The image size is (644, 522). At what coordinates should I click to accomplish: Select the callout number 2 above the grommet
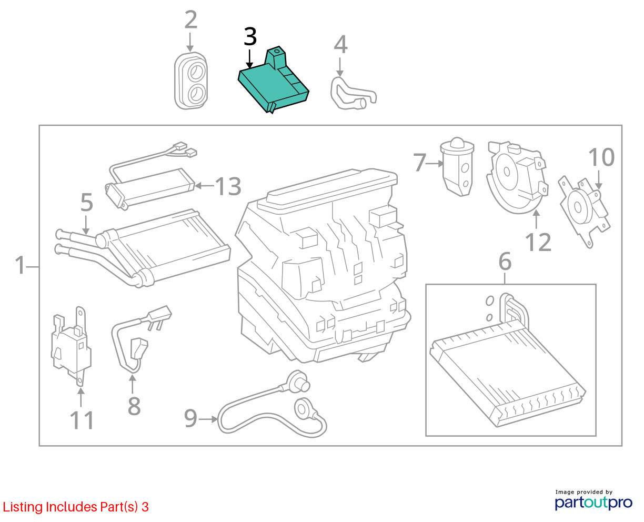[x=191, y=20]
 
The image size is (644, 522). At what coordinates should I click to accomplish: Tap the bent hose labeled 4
[x=352, y=94]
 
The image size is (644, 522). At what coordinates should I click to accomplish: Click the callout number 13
[x=228, y=186]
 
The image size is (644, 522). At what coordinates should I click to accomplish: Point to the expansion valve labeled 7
[x=457, y=167]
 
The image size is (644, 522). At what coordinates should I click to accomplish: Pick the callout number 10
[x=601, y=157]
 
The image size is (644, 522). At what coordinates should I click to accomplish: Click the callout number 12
[x=538, y=242]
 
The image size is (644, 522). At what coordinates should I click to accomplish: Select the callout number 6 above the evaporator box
[x=505, y=262]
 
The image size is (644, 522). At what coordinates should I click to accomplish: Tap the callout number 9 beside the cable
[x=191, y=418]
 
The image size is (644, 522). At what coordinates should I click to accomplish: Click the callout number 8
[x=134, y=406]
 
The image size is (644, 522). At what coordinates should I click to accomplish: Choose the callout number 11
[x=82, y=420]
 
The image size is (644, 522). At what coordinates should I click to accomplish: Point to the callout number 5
[x=86, y=203]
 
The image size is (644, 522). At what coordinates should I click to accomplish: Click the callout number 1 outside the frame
[x=21, y=265]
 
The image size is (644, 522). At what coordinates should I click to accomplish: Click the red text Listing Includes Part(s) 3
[x=76, y=507]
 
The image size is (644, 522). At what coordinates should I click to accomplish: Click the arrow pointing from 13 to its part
[x=204, y=186]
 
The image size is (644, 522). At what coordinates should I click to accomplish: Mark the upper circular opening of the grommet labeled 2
[x=196, y=72]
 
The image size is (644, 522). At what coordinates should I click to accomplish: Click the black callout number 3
[x=250, y=37]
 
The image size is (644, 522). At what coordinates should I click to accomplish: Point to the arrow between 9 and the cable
[x=208, y=419]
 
